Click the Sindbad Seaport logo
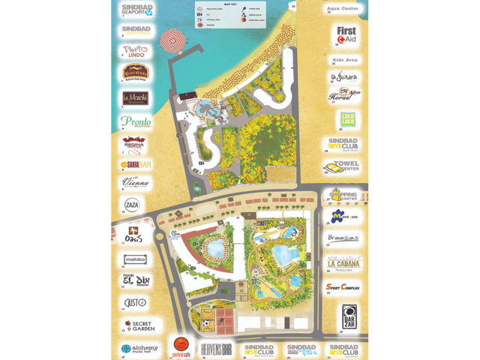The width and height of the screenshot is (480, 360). click(136, 9)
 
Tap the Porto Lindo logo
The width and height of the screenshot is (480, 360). click(136, 51)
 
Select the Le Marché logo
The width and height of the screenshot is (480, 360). click(136, 98)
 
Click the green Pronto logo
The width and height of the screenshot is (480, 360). click(136, 121)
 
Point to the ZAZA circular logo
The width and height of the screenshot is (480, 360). click(132, 205)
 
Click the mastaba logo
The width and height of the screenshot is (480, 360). click(136, 259)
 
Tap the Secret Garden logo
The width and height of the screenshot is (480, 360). click(138, 325)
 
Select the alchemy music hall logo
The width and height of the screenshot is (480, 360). click(138, 349)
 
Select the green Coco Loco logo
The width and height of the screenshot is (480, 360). click(347, 118)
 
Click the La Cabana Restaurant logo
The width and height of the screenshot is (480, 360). click(344, 262)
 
